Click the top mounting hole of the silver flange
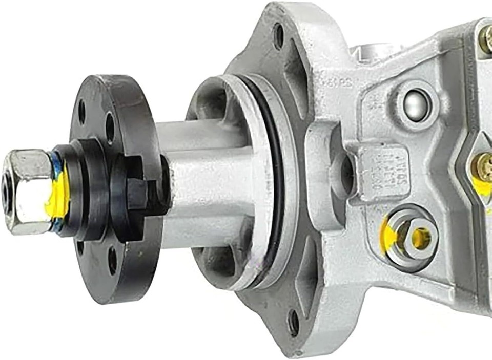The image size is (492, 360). [x=279, y=36]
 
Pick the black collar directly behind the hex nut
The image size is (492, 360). [x=77, y=189]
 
